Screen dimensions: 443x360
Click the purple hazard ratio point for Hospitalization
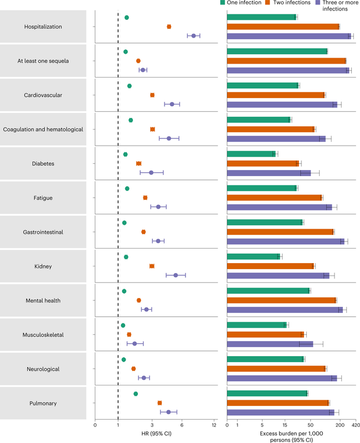click(193, 35)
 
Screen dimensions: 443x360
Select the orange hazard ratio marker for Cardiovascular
click(152, 95)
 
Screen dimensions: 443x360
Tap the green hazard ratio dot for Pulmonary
click(136, 394)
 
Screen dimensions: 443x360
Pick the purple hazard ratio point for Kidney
click(176, 275)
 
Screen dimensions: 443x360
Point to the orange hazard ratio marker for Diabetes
click(139, 163)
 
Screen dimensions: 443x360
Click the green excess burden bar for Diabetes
click(251, 154)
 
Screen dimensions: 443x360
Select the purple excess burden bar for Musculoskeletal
click(270, 344)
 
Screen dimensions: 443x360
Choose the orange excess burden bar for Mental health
click(281, 300)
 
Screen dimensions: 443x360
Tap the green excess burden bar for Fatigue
click(262, 188)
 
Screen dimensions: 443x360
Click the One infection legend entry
click(241, 3)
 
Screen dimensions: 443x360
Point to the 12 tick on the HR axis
click(214, 425)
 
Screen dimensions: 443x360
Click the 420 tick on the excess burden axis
click(355, 425)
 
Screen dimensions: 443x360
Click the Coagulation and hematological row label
click(43, 130)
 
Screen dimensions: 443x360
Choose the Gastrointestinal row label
click(43, 232)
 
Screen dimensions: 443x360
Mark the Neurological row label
click(43, 369)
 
